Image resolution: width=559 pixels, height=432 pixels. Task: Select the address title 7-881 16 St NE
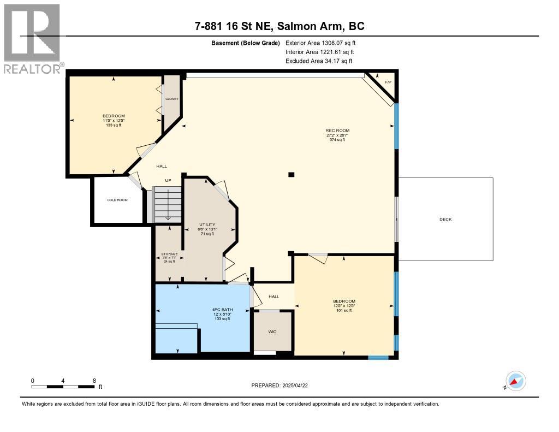coord(279,26)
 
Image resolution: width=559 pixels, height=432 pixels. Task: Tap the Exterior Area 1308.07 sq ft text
coord(320,43)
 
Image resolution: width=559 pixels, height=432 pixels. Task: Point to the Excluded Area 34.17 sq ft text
coord(319,61)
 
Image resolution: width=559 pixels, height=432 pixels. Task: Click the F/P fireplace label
coord(388,82)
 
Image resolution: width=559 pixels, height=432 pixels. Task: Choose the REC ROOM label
coord(337,130)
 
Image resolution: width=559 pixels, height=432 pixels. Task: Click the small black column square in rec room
coord(292,175)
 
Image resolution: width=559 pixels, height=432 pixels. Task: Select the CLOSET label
coord(172,99)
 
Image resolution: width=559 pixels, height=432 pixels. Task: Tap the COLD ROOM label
coord(117,200)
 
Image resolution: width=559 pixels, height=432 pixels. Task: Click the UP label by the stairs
coord(169,180)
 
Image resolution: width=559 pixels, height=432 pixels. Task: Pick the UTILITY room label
coord(207,224)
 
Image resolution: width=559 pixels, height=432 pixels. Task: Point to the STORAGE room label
coord(169,254)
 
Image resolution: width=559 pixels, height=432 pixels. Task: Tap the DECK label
coord(445,220)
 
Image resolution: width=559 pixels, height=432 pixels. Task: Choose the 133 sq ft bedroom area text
coord(114,125)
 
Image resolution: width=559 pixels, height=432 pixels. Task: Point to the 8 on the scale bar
coord(94,380)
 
